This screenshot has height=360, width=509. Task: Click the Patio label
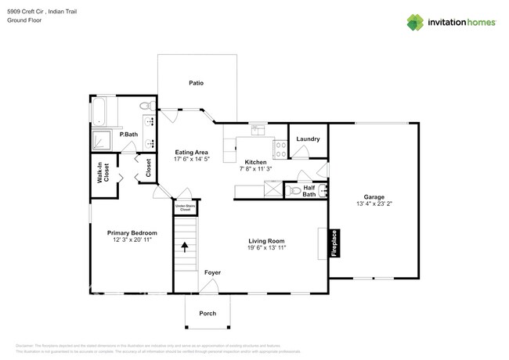[x=196, y=82]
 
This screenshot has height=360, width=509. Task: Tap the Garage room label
[x=374, y=196]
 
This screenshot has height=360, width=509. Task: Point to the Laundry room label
[x=308, y=139]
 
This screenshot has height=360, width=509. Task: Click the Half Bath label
[x=309, y=190]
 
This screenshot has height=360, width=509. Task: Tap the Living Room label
[x=266, y=241]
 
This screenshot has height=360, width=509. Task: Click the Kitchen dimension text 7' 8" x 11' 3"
[x=256, y=168]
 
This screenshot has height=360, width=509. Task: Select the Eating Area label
[x=190, y=152]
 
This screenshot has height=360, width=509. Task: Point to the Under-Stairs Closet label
[x=185, y=208]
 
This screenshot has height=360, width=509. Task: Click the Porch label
[x=208, y=313]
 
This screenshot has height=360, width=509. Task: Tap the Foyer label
[x=212, y=272]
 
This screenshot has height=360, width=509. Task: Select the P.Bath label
[x=128, y=135]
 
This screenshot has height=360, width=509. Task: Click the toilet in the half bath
[x=295, y=190]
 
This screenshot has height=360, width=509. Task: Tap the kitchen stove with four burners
[x=280, y=148]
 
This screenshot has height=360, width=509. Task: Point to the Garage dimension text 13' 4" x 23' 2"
[x=374, y=203]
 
